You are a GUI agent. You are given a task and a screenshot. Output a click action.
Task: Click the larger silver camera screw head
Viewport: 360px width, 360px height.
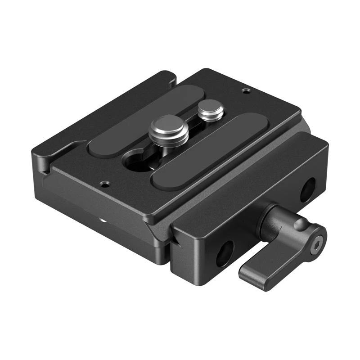(168, 127)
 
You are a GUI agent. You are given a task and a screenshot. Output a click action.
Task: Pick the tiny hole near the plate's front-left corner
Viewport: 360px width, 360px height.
(105, 184)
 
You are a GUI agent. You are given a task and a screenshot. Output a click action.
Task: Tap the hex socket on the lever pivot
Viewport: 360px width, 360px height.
(319, 243)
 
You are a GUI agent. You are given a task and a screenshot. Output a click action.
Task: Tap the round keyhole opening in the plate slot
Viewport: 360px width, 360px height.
(136, 162)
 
